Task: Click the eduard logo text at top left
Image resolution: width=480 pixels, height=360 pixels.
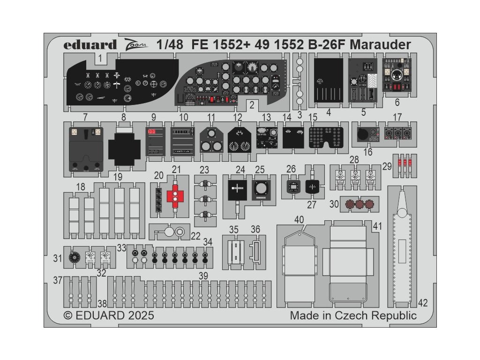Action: coord(90,45)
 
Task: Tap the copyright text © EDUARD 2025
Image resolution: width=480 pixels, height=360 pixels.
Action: coord(109,315)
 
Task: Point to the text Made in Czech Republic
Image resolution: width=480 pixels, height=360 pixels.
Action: coord(353,315)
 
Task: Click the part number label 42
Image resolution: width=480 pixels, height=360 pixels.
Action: coord(423,303)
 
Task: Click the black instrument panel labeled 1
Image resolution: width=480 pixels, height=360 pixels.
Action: coord(122,84)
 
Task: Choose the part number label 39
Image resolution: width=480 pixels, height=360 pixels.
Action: coord(203,276)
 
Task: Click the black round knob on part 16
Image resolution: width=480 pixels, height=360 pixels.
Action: coord(363,135)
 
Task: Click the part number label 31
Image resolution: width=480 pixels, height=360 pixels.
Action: coord(58,258)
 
